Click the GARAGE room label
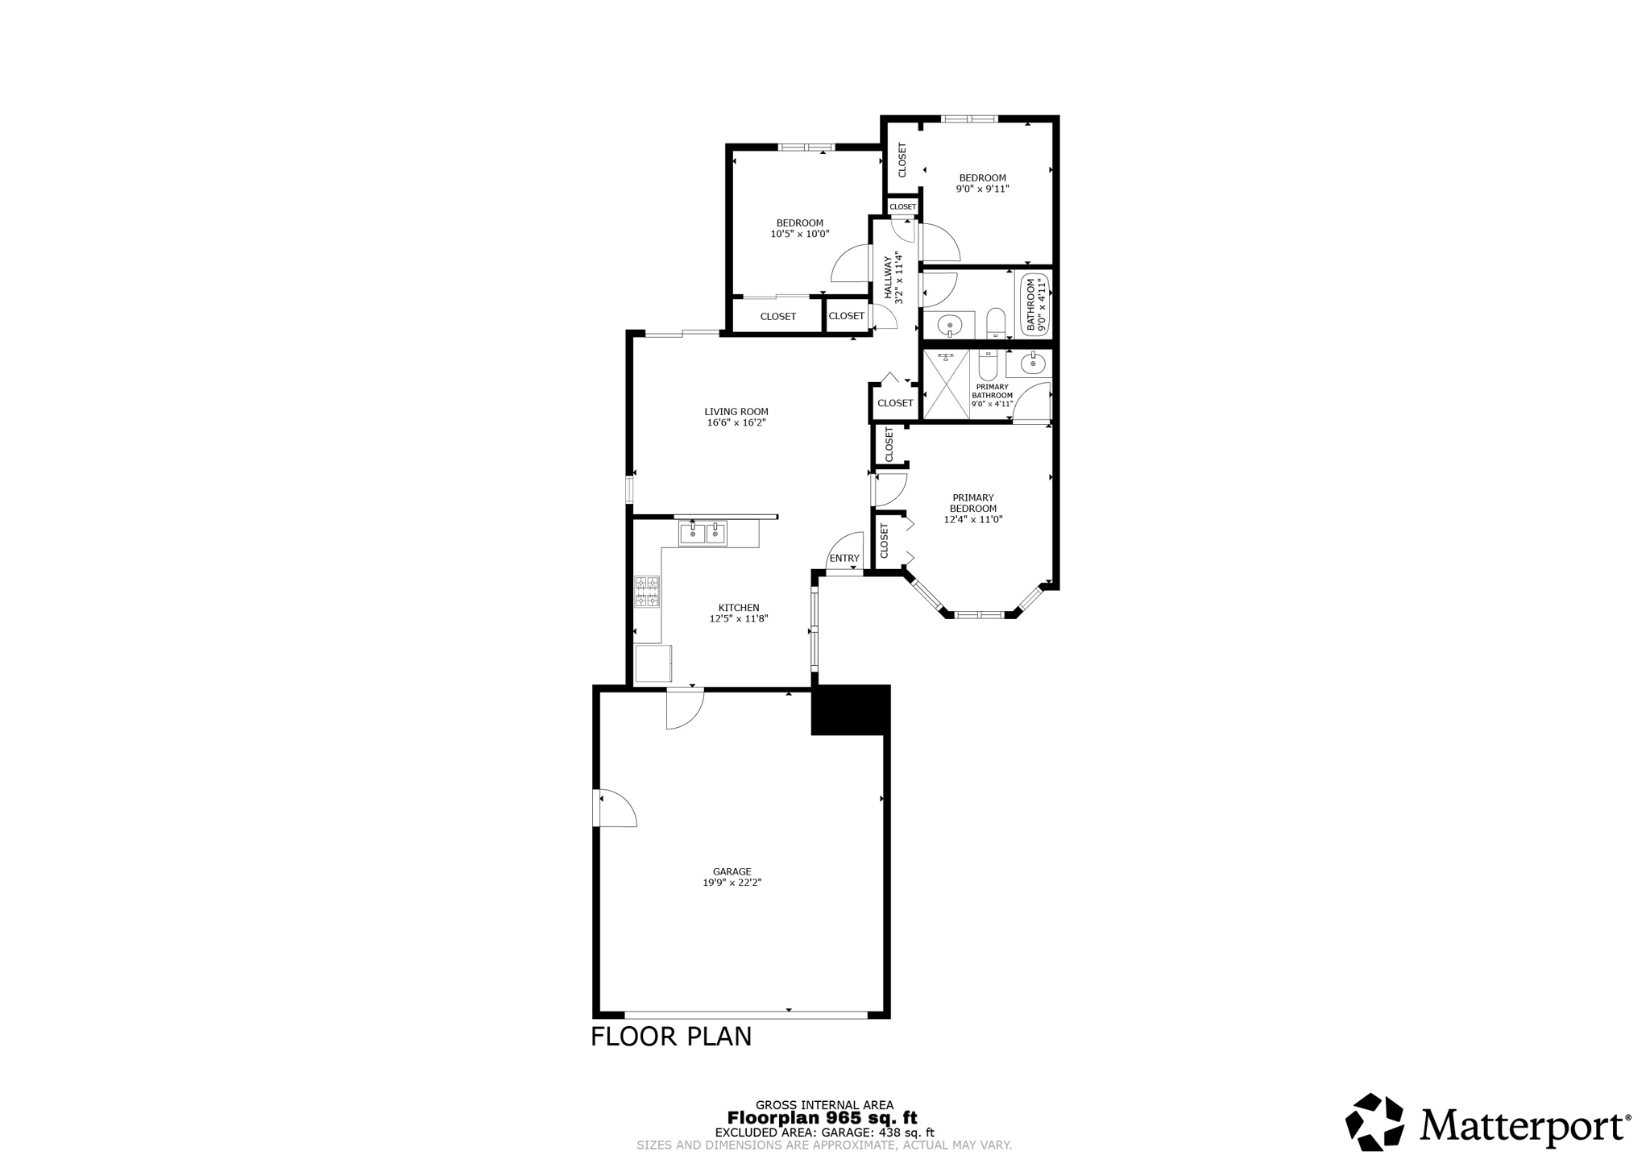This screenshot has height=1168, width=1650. point(732,871)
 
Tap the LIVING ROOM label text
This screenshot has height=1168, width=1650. point(736,411)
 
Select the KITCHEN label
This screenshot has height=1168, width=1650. point(739,608)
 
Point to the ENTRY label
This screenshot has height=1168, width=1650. point(844,559)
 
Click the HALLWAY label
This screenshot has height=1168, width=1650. point(889,278)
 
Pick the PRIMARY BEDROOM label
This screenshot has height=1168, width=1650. point(973,503)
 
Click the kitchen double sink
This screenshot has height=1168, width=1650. point(703,533)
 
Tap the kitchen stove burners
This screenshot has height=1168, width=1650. point(647,591)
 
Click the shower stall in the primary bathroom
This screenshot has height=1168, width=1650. point(946,384)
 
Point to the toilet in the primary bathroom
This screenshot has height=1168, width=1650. point(988,365)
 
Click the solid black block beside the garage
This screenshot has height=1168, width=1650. point(850,710)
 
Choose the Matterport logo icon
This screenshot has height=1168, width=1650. point(1375,1121)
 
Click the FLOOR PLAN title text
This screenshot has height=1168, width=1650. point(671,1037)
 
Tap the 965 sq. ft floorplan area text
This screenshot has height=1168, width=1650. point(822,1118)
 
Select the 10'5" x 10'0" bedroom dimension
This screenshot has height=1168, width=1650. point(800,235)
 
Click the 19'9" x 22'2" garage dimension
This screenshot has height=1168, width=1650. point(732,883)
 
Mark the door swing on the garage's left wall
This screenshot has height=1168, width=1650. point(617,808)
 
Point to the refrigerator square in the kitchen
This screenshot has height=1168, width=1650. point(653,663)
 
